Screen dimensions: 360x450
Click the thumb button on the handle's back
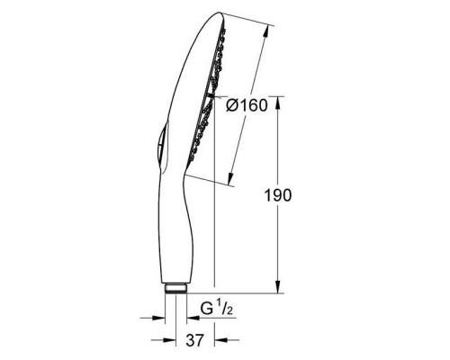[157, 148]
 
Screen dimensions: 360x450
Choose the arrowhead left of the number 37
[162, 340]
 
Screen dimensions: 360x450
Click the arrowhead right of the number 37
[220, 340]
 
